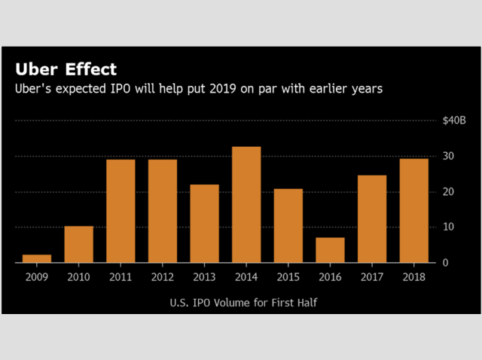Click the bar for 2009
point(37,258)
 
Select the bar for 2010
point(79,244)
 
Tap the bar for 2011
point(120,211)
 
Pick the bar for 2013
point(204,223)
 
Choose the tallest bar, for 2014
point(246,205)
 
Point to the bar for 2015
point(288,225)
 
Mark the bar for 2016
point(330,250)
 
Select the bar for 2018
point(413,210)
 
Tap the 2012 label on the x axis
point(163,276)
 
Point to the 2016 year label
point(330,276)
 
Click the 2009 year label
point(37,276)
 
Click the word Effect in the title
point(90,69)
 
